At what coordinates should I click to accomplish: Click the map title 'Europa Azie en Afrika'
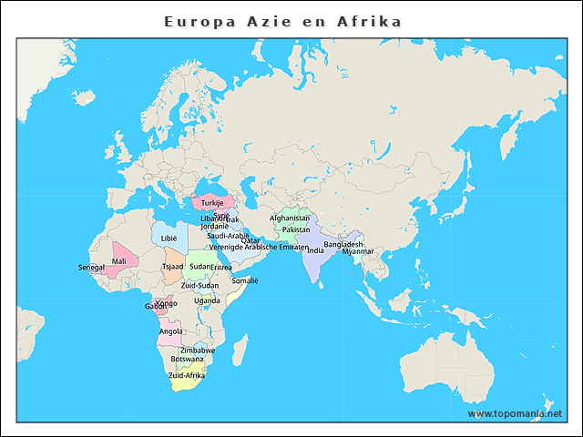tap(282, 20)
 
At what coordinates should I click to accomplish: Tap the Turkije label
tap(212, 202)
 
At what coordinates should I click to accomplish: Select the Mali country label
tap(118, 261)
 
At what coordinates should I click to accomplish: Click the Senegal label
tap(91, 268)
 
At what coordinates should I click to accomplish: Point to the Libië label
tap(169, 238)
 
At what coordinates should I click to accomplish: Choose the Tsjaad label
tap(172, 267)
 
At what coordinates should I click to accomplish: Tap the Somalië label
tap(245, 280)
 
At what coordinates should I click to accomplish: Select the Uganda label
tap(207, 300)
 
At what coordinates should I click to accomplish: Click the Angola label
tap(170, 331)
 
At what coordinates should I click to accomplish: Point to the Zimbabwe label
tap(198, 350)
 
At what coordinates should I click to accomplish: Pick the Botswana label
tap(187, 359)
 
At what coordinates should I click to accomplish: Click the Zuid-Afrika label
tap(187, 374)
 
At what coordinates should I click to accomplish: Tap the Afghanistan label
tap(290, 218)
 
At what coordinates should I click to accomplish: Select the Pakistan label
tap(296, 229)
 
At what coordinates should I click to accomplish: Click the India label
tap(315, 249)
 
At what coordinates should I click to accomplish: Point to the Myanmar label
tap(357, 251)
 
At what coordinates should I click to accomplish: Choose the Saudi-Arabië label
tap(228, 235)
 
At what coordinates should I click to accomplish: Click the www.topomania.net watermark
tap(515, 413)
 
